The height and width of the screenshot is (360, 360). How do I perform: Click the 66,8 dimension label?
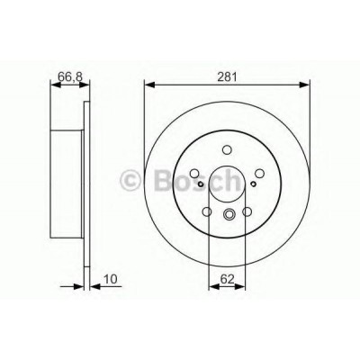(x=70, y=77)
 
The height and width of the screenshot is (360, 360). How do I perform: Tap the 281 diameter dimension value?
(x=227, y=77)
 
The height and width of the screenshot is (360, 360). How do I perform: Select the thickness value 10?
(x=111, y=279)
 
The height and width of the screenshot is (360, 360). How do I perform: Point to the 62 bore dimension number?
(x=227, y=279)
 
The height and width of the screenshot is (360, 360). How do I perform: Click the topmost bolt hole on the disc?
(x=227, y=149)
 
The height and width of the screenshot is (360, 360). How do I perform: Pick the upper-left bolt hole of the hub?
(x=194, y=173)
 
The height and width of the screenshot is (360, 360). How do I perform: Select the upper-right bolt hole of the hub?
(x=259, y=173)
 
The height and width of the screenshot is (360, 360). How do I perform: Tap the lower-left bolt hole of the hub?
(x=207, y=211)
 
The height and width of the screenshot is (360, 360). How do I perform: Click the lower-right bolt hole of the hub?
(x=247, y=211)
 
